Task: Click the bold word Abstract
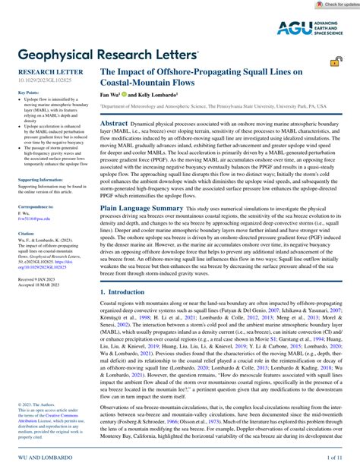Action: [115, 122]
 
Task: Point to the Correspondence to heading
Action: [35, 206]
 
